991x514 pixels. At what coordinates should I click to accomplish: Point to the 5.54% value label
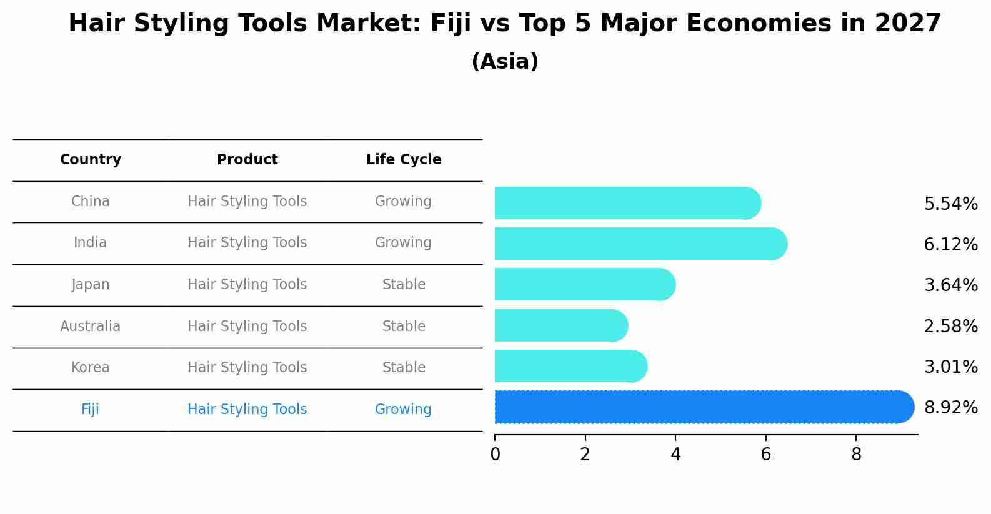coord(950,204)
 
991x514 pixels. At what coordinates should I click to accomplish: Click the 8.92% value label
coord(950,408)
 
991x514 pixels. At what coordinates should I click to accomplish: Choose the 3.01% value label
coord(950,367)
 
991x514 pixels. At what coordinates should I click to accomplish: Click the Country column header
coord(91,160)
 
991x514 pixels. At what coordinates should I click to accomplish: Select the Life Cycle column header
coord(404,160)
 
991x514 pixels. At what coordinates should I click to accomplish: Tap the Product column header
coord(247,160)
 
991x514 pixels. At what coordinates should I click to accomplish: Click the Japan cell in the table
coord(91,285)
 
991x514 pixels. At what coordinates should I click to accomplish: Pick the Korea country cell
coord(91,368)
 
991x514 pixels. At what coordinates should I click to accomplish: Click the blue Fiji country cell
coord(90,410)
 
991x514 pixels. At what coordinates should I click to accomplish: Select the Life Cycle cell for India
coord(403,243)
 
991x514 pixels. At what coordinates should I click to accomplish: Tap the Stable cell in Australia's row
coord(404,327)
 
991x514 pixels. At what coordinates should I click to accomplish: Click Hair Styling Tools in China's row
coord(247,202)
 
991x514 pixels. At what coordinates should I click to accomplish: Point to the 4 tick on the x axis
coord(675,455)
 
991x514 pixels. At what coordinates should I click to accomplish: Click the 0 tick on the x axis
coord(495,455)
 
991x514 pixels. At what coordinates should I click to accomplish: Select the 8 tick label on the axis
coord(856,455)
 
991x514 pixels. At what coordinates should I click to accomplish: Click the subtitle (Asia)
coord(505,62)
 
